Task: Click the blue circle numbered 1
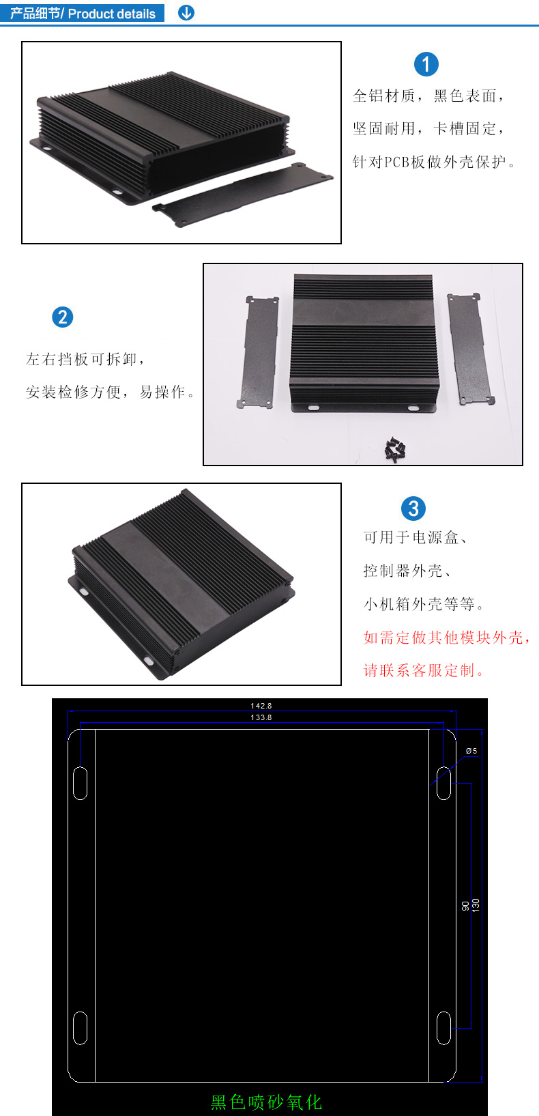[426, 64]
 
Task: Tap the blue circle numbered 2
[63, 317]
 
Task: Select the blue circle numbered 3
[413, 509]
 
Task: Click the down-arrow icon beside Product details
[186, 12]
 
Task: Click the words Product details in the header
[112, 14]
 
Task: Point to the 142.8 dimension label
[261, 706]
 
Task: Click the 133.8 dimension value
[261, 717]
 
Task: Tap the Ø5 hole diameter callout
[471, 751]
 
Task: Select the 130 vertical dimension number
[476, 905]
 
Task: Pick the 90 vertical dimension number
[465, 906]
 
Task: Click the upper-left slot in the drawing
[81, 783]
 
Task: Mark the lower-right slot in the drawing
[444, 1028]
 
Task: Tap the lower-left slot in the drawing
[81, 1028]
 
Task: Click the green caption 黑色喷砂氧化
[267, 1102]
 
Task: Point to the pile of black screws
[395, 449]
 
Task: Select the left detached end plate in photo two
[257, 352]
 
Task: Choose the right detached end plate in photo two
[471, 349]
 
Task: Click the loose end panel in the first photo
[243, 195]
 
